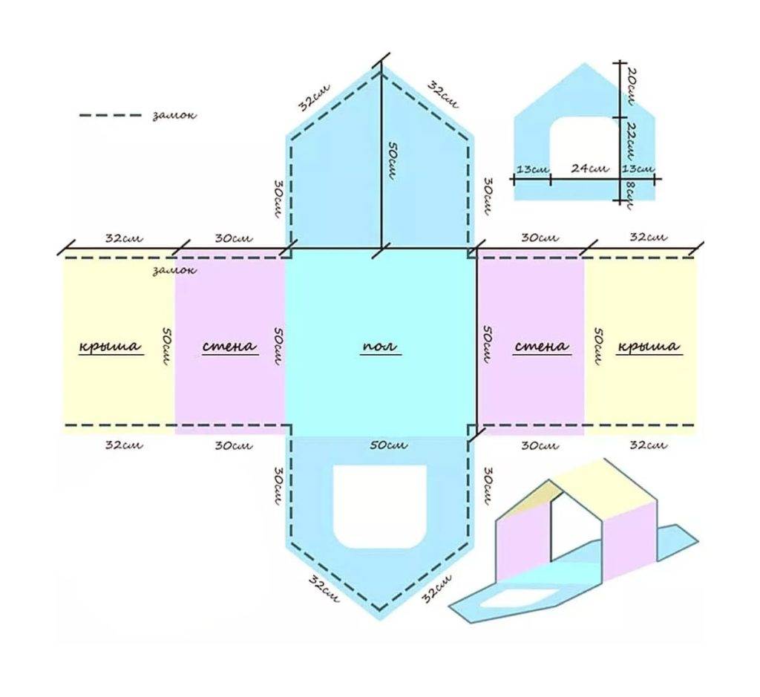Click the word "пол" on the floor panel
[380, 346]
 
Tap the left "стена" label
[229, 346]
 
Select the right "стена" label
[541, 346]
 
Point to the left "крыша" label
[111, 346]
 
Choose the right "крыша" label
[649, 346]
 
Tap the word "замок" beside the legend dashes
[174, 115]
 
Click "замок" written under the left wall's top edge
[174, 270]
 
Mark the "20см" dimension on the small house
[630, 87]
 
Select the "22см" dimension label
[629, 141]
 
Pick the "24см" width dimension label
[589, 168]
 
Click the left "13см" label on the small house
[533, 170]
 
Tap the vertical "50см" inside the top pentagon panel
[392, 161]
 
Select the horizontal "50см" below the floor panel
[388, 445]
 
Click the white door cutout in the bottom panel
[380, 506]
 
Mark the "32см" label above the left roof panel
[124, 238]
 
